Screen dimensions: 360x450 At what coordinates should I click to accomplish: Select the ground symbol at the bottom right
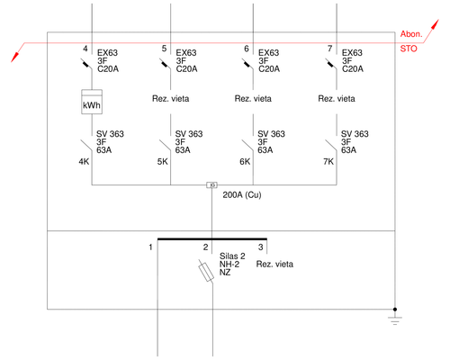[x=393, y=318]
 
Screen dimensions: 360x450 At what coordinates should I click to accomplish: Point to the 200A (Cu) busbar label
[x=241, y=195]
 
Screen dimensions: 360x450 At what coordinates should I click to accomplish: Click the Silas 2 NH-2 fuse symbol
[x=205, y=270]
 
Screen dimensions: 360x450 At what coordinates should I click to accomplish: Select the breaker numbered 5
[x=165, y=64]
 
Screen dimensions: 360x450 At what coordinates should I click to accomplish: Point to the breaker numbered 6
[x=247, y=64]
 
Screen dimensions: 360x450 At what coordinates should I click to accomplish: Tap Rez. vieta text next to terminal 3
[x=274, y=265]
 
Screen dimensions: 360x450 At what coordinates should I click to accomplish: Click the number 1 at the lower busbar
[x=151, y=246]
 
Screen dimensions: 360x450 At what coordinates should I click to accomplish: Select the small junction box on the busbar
[x=211, y=185]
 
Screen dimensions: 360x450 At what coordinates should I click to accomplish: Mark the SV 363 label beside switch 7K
[x=354, y=133]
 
